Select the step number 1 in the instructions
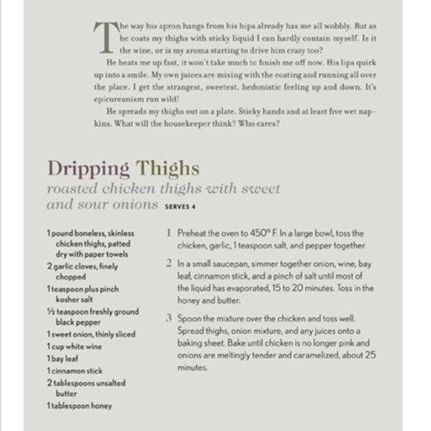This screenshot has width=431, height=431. point(169,233)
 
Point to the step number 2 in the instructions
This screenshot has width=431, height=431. point(169,263)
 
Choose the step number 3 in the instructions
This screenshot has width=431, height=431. point(169,318)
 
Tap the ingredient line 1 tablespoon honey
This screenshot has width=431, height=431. point(80,406)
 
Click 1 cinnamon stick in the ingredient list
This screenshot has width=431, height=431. point(75,369)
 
